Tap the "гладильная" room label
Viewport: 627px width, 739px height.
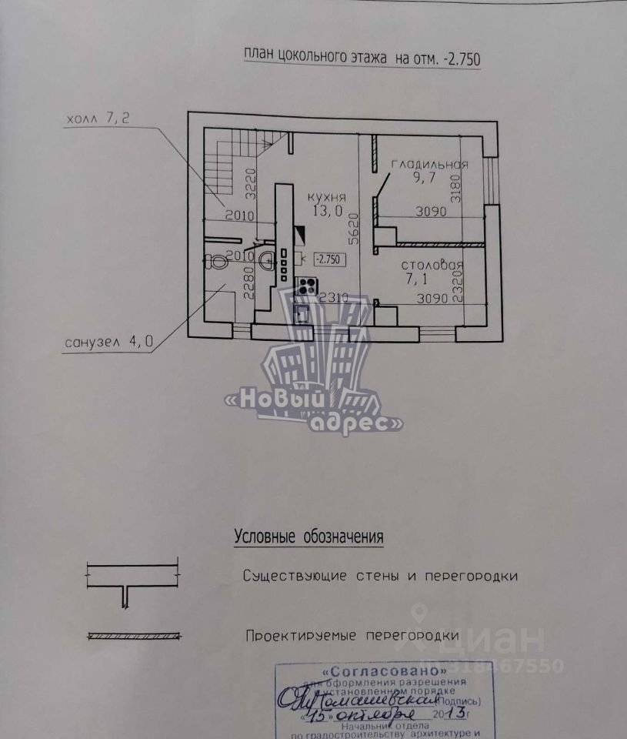tap(429, 165)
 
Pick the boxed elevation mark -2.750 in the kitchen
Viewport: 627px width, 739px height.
tap(329, 259)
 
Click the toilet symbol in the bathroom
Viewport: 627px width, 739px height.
tap(216, 261)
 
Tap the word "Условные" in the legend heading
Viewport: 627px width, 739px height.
tap(264, 537)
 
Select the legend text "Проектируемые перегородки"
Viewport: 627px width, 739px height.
tap(352, 636)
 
